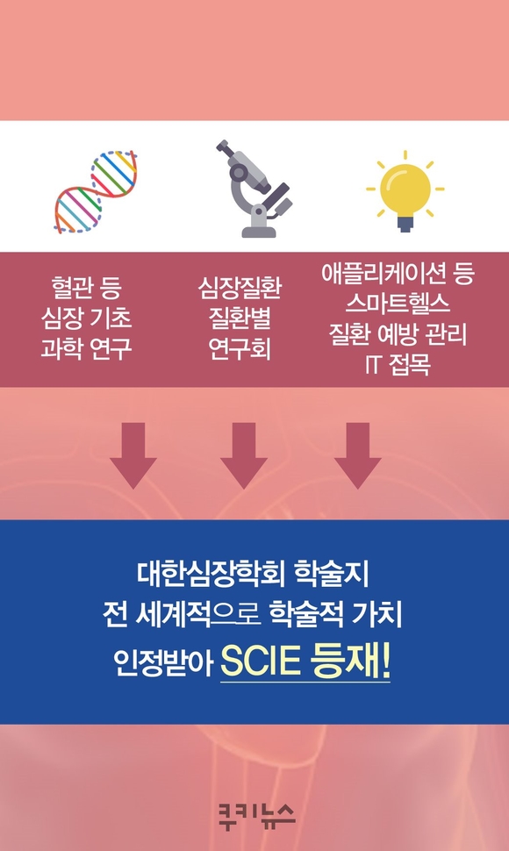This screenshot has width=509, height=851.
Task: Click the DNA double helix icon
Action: (96, 191)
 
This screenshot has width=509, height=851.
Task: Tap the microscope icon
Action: (254, 189)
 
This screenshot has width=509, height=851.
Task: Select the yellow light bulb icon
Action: (405, 190)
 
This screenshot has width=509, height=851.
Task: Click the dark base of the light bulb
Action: (405, 223)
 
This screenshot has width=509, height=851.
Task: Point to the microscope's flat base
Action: (259, 232)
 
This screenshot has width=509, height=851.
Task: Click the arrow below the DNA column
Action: (133, 455)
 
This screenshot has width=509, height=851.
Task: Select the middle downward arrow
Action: (244, 455)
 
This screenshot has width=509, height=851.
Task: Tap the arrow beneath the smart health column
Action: (357, 455)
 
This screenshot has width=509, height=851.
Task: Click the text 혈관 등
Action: (87, 287)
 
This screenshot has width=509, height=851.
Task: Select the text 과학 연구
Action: (87, 348)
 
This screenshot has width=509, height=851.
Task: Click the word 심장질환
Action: (240, 287)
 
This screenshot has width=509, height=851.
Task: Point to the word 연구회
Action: (240, 348)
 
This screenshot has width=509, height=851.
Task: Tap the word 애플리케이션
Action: (381, 273)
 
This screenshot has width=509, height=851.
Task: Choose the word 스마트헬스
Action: (398, 304)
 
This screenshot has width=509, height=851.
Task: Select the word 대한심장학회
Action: (211, 575)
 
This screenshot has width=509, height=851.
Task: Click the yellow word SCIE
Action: (261, 660)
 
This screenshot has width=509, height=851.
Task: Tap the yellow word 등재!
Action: (350, 660)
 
